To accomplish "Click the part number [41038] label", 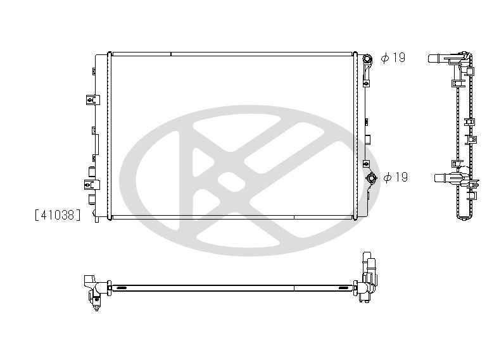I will pos(58,215).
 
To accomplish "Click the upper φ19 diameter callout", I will pos(393,58).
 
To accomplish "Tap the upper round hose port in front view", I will pos(367,59).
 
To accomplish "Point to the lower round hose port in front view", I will pos(371,178).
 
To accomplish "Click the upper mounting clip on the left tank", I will pos(91,99).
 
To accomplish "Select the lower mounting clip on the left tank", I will pos(90,184).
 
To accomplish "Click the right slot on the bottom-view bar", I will pos(346,288).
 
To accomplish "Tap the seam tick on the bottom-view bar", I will pos(294,288).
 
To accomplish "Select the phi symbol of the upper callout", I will pos(384,58).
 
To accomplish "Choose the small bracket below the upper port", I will pos(366,81).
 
